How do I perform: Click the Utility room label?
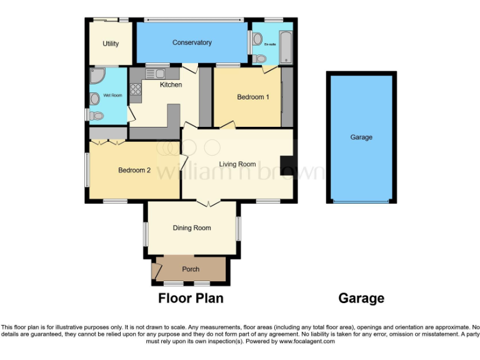coord(110,44)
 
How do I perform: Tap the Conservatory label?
coord(192,42)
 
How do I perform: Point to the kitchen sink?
coord(154,74)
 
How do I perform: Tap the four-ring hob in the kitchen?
coord(136,89)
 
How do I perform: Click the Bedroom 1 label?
coord(253,97)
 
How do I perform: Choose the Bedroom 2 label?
coord(134,169)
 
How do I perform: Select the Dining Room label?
coord(192,228)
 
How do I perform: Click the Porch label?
coord(191,269)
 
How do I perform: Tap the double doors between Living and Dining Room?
coord(207,202)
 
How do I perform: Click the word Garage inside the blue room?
coord(361,137)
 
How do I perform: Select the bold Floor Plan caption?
coord(191,298)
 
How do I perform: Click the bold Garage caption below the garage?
coord(361,298)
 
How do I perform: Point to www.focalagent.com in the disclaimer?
coord(307,341)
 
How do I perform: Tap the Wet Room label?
coord(112,95)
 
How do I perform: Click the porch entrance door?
coord(154,272)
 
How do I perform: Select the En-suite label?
coord(270,45)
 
